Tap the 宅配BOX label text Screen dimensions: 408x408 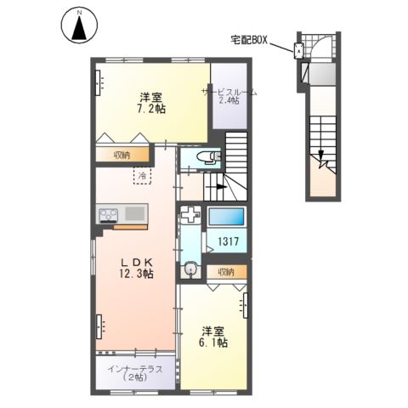(248, 39)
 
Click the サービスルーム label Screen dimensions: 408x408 (229, 91)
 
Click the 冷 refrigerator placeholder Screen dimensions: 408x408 (141, 176)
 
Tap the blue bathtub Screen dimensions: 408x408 (227, 216)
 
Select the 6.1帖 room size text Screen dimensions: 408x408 (213, 343)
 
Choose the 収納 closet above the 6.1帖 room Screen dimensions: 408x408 (225, 272)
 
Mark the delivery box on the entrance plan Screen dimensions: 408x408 (298, 50)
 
